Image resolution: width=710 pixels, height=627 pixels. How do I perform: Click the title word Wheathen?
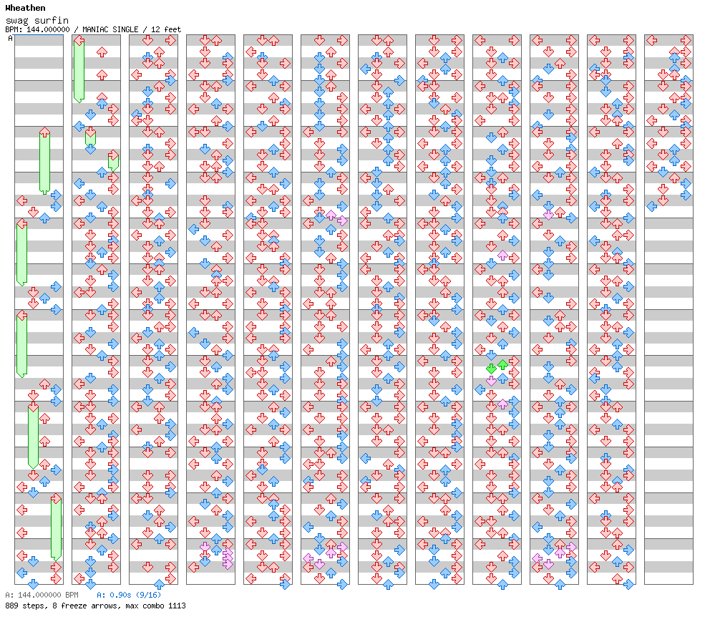tap(25, 8)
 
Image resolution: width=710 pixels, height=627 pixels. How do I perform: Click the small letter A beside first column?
tap(11, 39)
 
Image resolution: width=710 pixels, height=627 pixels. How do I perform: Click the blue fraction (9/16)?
tap(148, 595)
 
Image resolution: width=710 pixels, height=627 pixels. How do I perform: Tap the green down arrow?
tap(491, 368)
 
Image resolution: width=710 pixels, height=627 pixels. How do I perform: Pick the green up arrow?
tap(502, 364)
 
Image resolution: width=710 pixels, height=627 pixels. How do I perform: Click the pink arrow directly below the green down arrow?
tap(491, 380)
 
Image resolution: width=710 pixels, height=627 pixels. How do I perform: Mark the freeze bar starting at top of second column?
tap(79, 69)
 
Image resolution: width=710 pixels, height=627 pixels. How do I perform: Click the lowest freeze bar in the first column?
tap(56, 528)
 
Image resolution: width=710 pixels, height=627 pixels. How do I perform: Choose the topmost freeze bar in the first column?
tap(44, 162)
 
